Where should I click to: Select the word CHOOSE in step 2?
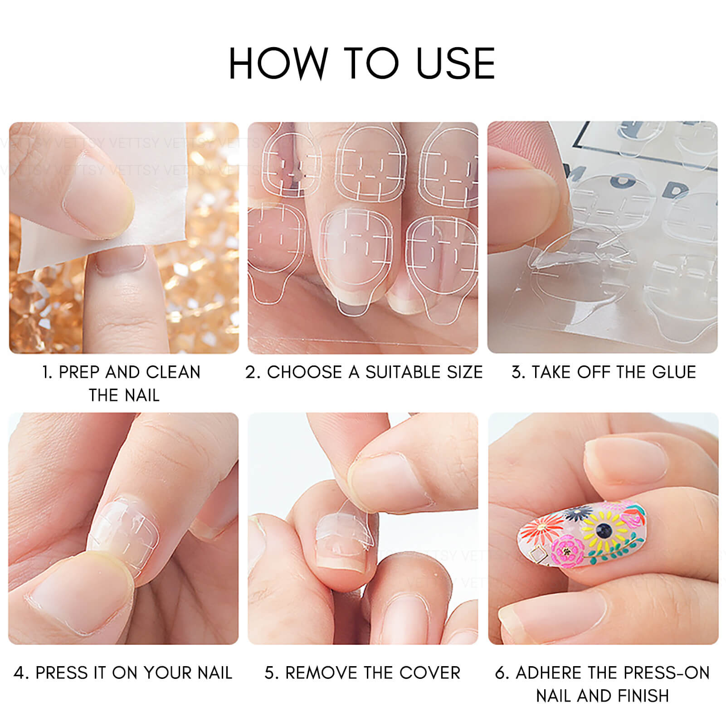pos(304,372)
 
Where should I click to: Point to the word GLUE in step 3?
pos(674,372)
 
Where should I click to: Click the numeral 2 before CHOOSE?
pos(251,372)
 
